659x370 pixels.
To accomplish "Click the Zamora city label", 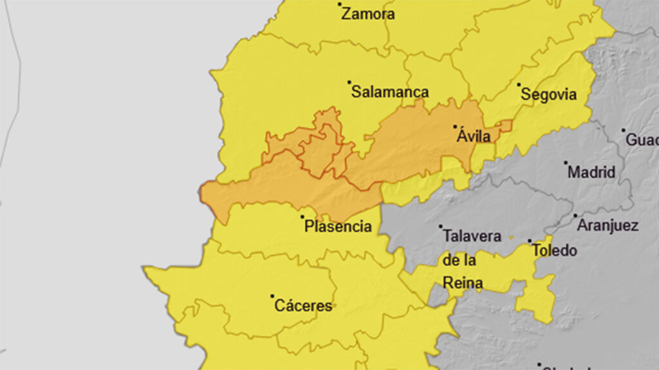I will point(368,14).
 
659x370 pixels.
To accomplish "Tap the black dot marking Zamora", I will point(340,4).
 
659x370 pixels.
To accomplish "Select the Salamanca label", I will point(390,92).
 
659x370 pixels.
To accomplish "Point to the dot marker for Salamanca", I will point(349,82).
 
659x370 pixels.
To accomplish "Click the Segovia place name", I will point(548,95).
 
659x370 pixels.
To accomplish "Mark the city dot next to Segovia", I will point(519,84).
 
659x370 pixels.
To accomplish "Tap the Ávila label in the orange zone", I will point(474,137).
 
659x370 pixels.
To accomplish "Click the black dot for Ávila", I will point(455,127).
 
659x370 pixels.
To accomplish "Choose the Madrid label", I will point(591,172).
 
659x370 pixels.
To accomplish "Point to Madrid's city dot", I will point(566,163).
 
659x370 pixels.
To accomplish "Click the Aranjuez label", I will point(608,225).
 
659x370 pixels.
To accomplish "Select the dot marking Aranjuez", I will point(575,216).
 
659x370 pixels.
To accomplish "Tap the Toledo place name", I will point(555,251).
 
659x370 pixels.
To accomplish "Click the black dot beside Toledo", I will point(530,242).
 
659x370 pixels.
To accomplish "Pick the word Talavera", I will point(472,236).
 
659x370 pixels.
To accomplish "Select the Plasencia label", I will point(338,227).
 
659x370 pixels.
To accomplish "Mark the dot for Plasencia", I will point(302,217).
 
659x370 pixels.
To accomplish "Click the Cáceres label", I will point(303,306).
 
